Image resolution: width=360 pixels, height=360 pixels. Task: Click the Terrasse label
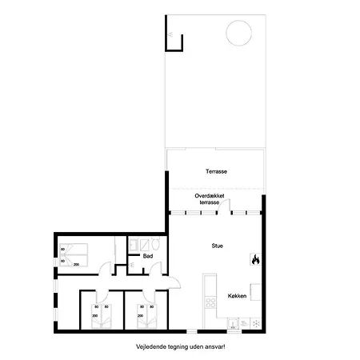(x=215, y=172)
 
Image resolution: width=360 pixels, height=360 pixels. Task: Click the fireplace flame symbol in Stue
(x=255, y=259)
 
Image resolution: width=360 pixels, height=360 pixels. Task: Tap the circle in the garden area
(x=238, y=34)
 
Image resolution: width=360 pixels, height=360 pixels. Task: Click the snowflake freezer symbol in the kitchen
(x=255, y=324)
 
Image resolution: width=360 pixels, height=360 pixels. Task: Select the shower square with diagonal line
(x=136, y=243)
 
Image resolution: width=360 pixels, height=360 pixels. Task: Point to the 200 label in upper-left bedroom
(x=78, y=263)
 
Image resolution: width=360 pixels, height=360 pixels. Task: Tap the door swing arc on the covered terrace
(x=226, y=206)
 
